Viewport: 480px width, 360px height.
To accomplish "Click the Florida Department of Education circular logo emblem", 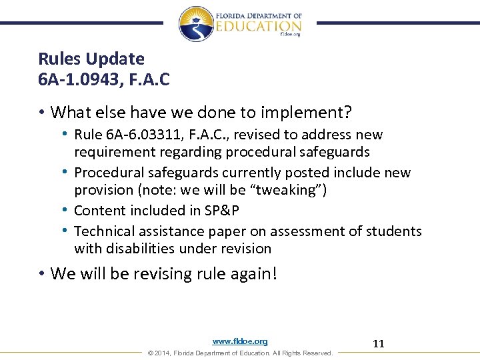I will coord(196,23).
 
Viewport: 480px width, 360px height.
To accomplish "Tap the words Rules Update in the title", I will coord(91,59).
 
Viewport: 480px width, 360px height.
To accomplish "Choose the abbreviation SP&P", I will coord(223,211).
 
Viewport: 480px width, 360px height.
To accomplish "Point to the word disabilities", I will coord(145,249).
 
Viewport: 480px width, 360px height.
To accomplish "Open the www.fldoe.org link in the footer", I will coord(240,341).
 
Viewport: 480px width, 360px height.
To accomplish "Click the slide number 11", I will coord(379,344).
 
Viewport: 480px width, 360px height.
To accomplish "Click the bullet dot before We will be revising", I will coord(42,274).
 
